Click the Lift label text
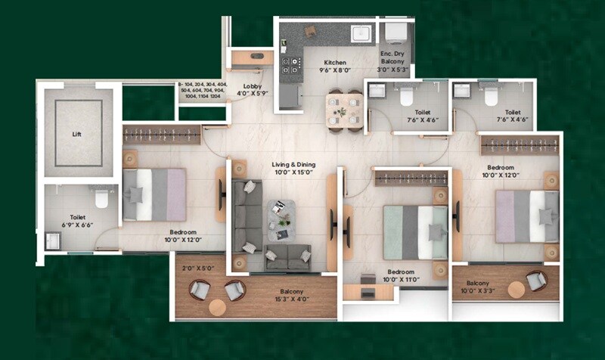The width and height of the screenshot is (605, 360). tap(76, 134)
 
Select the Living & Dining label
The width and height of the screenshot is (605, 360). tap(294, 169)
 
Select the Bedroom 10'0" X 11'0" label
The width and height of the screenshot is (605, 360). tap(398, 275)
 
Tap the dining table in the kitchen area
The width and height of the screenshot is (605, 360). tap(343, 110)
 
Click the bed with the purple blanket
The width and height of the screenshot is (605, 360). tap(154, 194)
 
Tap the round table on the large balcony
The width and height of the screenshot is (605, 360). tap(219, 309)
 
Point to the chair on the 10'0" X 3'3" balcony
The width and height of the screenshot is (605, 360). tap(536, 281)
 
